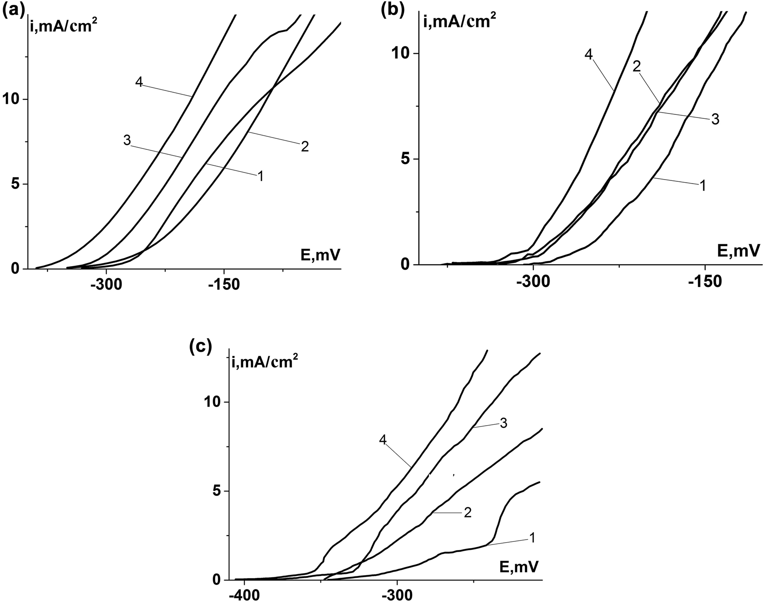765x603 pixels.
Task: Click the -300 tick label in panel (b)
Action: (532, 282)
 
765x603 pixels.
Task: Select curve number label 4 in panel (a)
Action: (139, 82)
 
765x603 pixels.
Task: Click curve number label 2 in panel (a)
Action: (305, 147)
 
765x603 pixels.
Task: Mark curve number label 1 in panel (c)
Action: (532, 538)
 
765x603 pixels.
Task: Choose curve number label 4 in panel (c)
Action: (383, 440)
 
